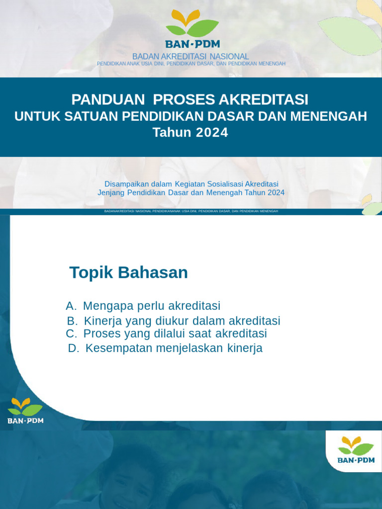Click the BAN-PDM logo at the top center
(192, 30)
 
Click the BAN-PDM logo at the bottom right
(356, 449)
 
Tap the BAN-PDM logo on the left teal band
(25, 410)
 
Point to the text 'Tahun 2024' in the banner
(190, 133)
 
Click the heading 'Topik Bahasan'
(128, 272)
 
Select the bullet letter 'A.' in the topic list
(71, 306)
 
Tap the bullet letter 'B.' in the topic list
(72, 321)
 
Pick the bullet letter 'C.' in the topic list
(71, 334)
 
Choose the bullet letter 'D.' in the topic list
(74, 348)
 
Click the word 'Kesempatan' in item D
(119, 348)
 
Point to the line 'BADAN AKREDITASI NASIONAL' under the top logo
(191, 57)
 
